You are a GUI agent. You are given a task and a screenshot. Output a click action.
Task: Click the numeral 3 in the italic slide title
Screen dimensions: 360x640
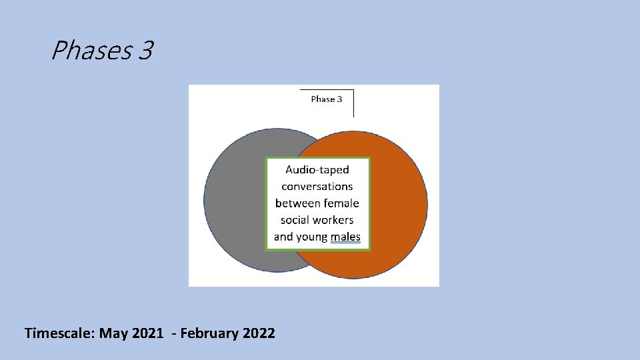click(x=146, y=51)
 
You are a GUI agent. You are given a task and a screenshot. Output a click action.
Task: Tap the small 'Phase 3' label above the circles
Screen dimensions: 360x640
click(x=327, y=99)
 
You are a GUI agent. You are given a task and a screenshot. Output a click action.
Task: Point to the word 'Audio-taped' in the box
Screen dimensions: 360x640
click(x=317, y=170)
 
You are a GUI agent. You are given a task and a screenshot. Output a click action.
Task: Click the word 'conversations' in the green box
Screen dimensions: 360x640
click(x=317, y=187)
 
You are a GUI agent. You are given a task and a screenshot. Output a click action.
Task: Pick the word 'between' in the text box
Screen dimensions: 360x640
click(x=298, y=203)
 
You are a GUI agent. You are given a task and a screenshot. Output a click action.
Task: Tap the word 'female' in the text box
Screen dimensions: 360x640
click(x=342, y=203)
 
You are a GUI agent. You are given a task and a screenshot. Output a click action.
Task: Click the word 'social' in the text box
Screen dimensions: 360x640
click(x=294, y=220)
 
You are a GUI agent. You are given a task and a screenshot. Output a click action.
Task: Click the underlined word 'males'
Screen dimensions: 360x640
click(x=345, y=237)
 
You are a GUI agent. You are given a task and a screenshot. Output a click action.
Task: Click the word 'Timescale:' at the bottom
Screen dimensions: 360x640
click(x=59, y=333)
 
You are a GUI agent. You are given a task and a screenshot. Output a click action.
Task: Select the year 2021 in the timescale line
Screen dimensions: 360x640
click(x=147, y=333)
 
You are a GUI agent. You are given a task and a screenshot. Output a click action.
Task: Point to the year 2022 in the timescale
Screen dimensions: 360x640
click(x=258, y=333)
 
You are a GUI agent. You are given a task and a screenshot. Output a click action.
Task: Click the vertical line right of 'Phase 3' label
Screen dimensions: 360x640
click(x=353, y=103)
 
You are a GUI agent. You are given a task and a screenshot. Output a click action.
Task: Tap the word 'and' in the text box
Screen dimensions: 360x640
click(x=283, y=237)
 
